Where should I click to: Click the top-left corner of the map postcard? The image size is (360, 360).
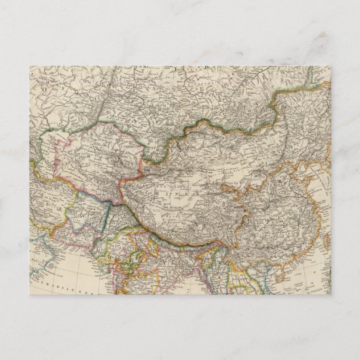click(x=30, y=65)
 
